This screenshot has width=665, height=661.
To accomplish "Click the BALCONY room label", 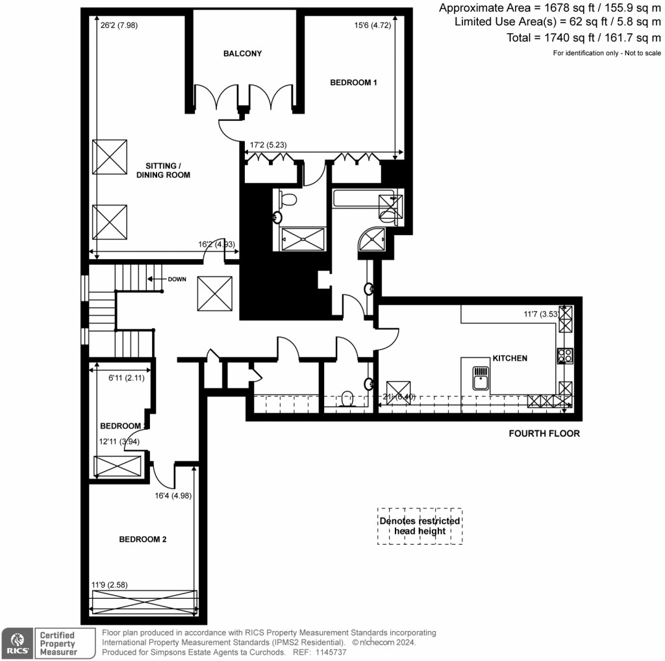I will [x=242, y=53].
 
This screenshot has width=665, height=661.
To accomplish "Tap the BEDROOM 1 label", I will [x=353, y=82].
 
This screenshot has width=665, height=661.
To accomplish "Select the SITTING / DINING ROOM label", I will [x=163, y=170].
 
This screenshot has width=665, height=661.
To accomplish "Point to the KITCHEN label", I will [x=510, y=358].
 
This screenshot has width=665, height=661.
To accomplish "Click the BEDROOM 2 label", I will [x=143, y=539].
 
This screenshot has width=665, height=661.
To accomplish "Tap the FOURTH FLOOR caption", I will [x=544, y=433].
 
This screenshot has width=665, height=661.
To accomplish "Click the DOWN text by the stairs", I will [x=176, y=279].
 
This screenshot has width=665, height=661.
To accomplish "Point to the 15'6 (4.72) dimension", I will [x=372, y=26].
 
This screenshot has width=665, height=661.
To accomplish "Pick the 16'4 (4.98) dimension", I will [x=175, y=495].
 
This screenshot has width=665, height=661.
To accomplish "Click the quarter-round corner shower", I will [x=371, y=241].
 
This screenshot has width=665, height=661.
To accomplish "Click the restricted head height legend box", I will [x=420, y=526].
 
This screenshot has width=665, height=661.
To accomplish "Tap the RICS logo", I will [x=15, y=643].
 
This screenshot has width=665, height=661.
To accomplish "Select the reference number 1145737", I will [x=332, y=652].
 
